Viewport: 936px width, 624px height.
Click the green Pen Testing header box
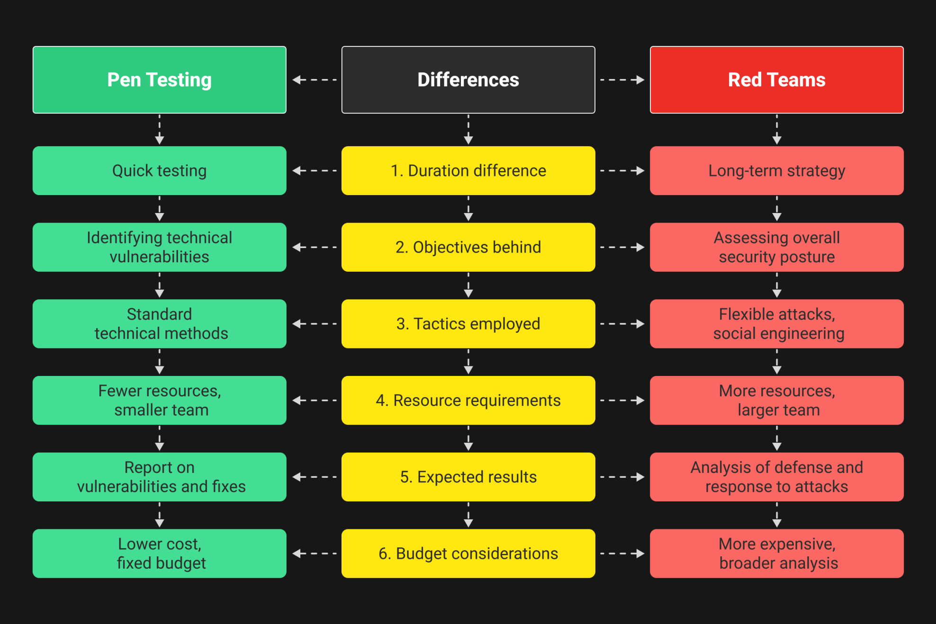[x=159, y=80]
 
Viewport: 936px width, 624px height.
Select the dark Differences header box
[x=468, y=80]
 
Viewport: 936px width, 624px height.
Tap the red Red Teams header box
[x=776, y=80]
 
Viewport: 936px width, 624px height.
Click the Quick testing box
[x=159, y=170]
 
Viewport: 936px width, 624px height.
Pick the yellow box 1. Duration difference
[x=468, y=170]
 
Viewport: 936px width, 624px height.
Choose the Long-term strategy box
[x=776, y=170]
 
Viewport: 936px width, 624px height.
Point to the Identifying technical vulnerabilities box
[x=159, y=247]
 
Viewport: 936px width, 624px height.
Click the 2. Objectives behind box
[x=468, y=247]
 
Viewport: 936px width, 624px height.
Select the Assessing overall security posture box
[x=776, y=247]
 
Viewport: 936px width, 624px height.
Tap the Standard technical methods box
[x=159, y=324]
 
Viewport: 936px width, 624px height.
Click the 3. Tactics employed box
[x=468, y=324]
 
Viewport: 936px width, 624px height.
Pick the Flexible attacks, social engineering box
[x=776, y=324]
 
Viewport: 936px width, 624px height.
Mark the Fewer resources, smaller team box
[x=159, y=401]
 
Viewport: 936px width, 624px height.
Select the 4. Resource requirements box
[x=468, y=401]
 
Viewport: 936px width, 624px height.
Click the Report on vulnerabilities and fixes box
[x=159, y=477]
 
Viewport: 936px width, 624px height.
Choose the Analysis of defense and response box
[x=776, y=477]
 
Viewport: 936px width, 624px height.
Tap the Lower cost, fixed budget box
[x=159, y=553]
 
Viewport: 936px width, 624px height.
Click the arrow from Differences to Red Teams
[x=622, y=80]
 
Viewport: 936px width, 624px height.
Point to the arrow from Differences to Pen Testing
[x=315, y=80]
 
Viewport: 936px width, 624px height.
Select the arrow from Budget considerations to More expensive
[x=622, y=553]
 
